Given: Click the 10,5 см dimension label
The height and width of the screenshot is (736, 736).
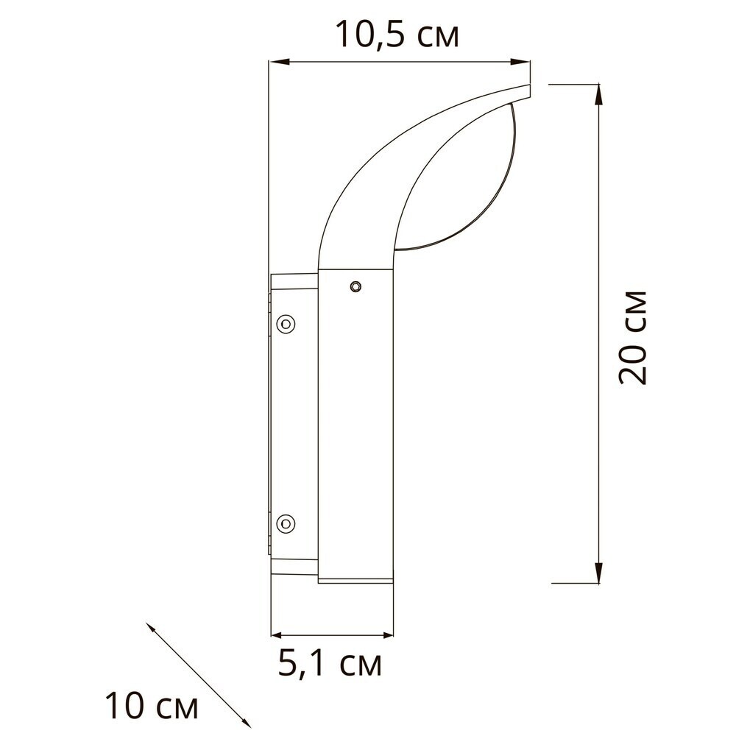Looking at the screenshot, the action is [x=397, y=35].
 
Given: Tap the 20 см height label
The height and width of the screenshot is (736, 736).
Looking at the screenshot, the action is [x=632, y=338].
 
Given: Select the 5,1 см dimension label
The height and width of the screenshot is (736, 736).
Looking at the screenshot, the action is [x=330, y=664].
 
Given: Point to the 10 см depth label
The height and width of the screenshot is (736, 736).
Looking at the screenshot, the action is [x=151, y=706].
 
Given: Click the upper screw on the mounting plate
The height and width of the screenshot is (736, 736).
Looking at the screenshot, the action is [x=286, y=323].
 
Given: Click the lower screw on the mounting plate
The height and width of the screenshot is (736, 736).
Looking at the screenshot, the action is [x=286, y=523].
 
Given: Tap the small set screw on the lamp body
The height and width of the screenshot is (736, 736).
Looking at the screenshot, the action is [x=355, y=286].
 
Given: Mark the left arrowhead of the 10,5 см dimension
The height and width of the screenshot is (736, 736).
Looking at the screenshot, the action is [x=278, y=62].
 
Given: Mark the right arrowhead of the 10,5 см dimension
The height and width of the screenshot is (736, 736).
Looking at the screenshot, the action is [x=520, y=62].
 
